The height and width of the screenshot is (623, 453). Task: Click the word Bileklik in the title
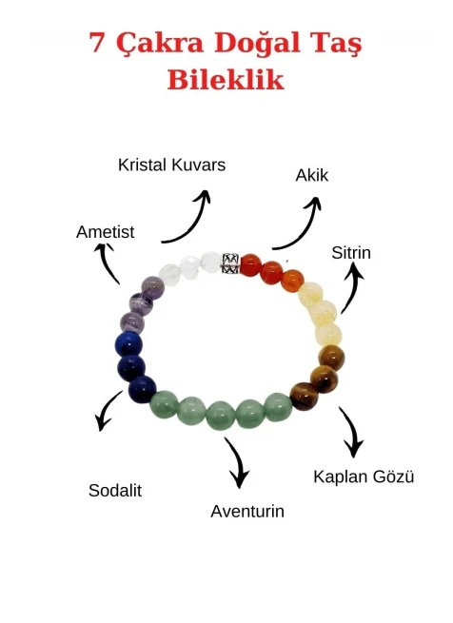click(226, 79)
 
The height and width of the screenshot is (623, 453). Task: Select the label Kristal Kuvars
click(172, 165)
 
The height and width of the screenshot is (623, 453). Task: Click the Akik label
click(312, 175)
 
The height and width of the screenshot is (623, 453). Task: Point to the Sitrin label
click(351, 253)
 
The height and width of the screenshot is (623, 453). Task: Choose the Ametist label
click(106, 232)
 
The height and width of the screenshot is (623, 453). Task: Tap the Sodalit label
click(115, 490)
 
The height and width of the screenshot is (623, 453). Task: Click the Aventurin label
click(247, 511)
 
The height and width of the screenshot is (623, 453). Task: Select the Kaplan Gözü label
click(364, 477)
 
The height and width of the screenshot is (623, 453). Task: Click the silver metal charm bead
click(230, 263)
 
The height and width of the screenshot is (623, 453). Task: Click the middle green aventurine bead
click(221, 415)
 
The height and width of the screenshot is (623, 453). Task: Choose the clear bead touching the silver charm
click(210, 263)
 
